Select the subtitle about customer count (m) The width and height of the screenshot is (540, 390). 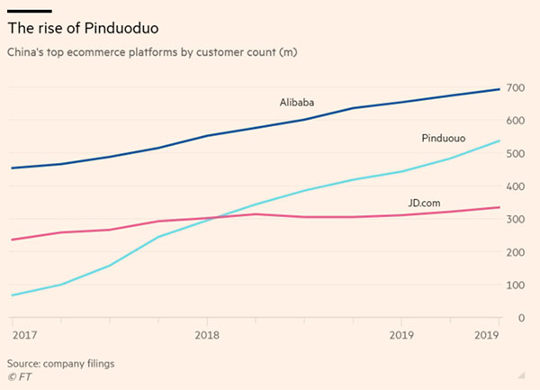(x=152, y=53)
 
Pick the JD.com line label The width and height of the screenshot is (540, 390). (x=419, y=204)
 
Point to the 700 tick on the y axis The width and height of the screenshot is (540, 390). (x=515, y=87)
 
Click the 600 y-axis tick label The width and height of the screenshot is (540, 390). (x=515, y=121)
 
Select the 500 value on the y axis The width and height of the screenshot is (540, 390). (x=515, y=154)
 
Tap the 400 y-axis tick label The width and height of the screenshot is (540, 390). (x=515, y=186)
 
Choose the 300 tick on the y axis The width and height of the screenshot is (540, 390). (x=515, y=220)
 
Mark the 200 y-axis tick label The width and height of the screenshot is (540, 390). (x=515, y=253)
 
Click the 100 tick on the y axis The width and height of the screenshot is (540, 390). (x=515, y=286)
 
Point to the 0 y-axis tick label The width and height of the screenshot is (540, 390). (x=520, y=318)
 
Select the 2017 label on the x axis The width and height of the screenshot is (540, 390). (x=24, y=335)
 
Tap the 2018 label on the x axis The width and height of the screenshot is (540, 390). (x=207, y=335)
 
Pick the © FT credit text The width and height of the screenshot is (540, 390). (x=19, y=376)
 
